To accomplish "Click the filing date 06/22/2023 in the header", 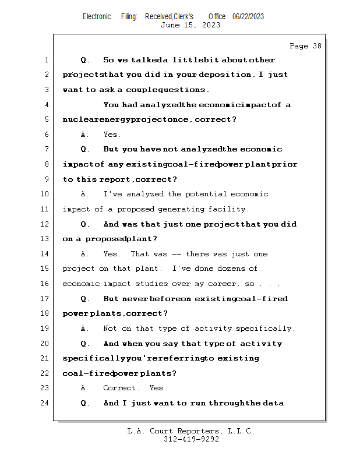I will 248,17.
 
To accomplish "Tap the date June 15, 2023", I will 190,25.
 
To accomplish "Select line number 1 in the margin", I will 45,60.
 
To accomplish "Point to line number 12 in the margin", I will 45,224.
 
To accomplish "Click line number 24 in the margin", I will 45,403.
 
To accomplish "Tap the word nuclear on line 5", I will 78,120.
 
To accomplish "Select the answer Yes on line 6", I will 112,135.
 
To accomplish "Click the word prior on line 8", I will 285,164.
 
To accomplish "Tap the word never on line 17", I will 134,299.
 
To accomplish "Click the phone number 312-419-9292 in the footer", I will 191,440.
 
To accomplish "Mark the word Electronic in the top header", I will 97,17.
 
